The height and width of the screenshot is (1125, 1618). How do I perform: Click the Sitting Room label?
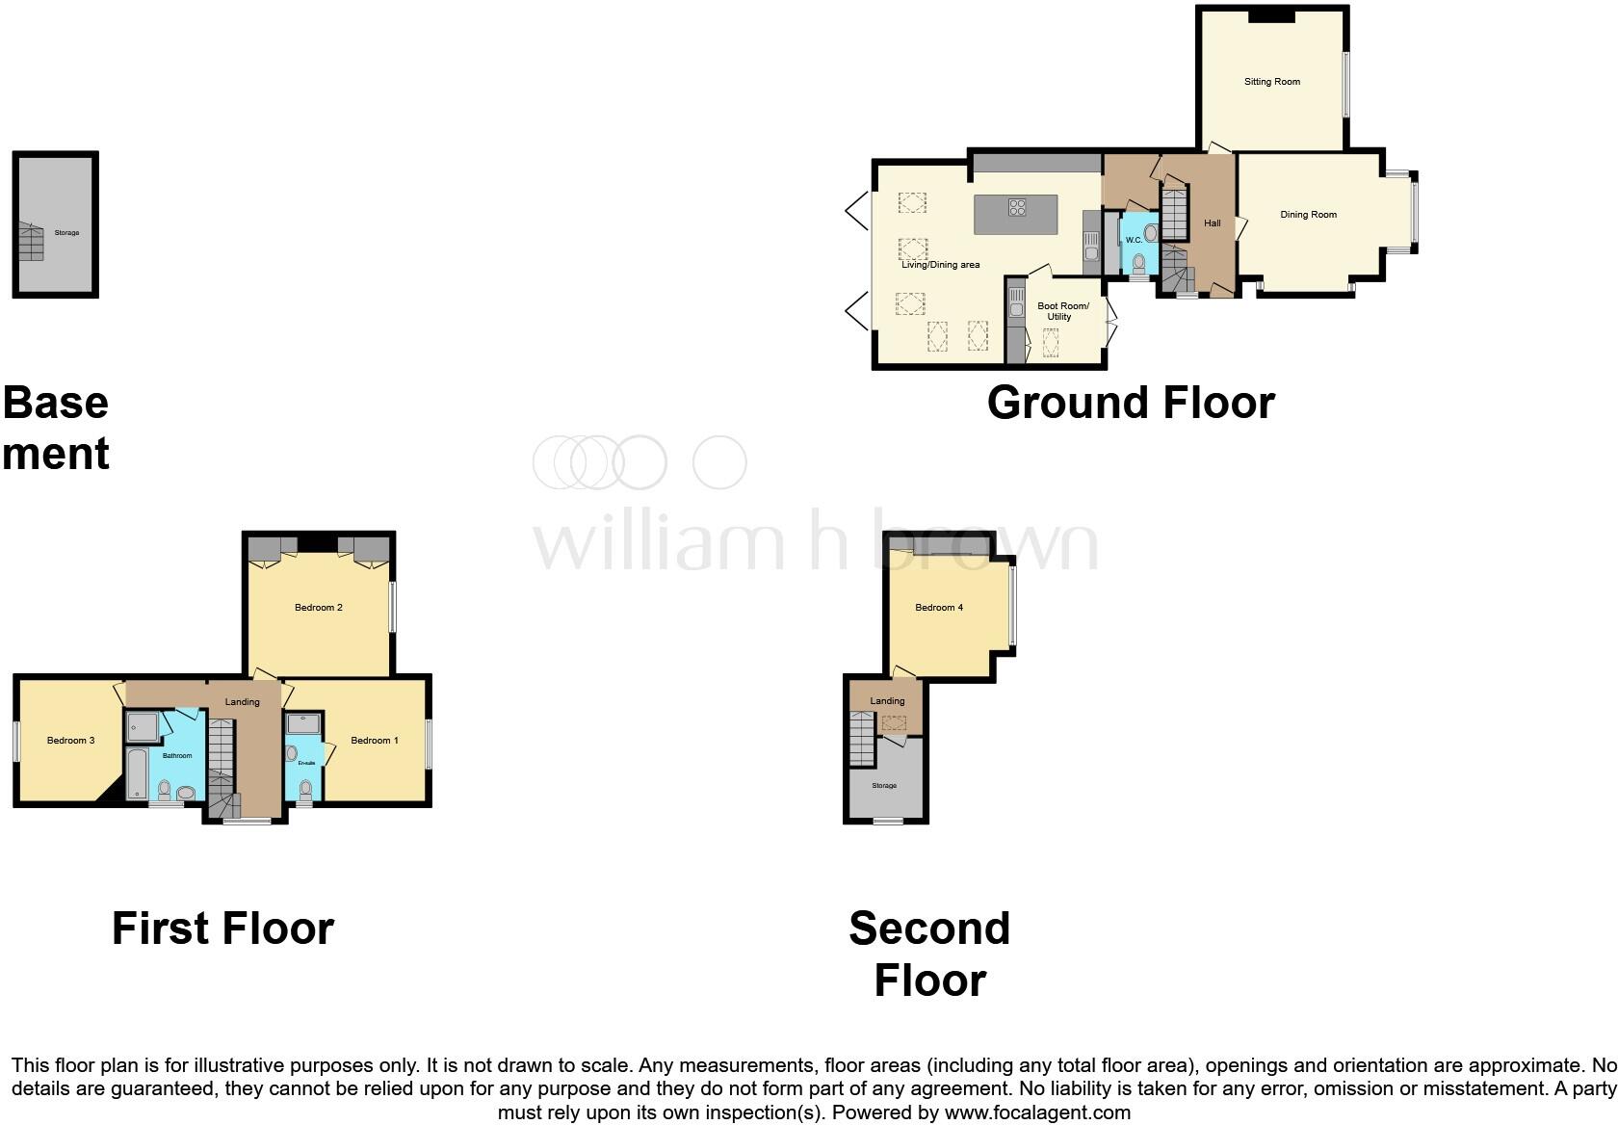coord(1271,82)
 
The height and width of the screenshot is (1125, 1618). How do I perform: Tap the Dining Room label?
coord(1308,215)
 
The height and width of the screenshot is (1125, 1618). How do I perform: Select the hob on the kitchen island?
coord(1017,206)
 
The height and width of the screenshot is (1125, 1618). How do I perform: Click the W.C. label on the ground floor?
coord(1133,240)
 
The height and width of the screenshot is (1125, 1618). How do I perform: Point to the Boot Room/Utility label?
coord(1061,311)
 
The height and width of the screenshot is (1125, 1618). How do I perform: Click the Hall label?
coord(1212,223)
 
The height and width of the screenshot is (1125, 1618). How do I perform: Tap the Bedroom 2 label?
coord(318,608)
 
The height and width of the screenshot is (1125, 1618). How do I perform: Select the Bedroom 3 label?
coord(70,741)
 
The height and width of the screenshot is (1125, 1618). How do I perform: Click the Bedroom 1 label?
coord(374,741)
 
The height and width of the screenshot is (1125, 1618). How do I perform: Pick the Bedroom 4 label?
coord(938,608)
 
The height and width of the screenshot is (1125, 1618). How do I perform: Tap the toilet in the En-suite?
coord(305,790)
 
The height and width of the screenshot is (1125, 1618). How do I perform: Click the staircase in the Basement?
coord(31,242)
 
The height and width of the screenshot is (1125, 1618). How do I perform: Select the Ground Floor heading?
coord(1130,403)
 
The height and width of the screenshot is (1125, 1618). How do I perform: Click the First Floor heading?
coord(222,929)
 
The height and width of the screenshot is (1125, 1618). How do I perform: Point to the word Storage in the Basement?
coord(66,233)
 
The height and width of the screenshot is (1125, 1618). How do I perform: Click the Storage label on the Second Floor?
coord(883,786)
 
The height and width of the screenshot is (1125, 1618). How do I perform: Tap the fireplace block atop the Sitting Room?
coord(1271,14)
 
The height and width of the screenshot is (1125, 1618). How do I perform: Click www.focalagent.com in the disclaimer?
coord(1036,1112)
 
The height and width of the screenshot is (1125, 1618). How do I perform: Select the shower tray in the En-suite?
coord(303,724)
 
